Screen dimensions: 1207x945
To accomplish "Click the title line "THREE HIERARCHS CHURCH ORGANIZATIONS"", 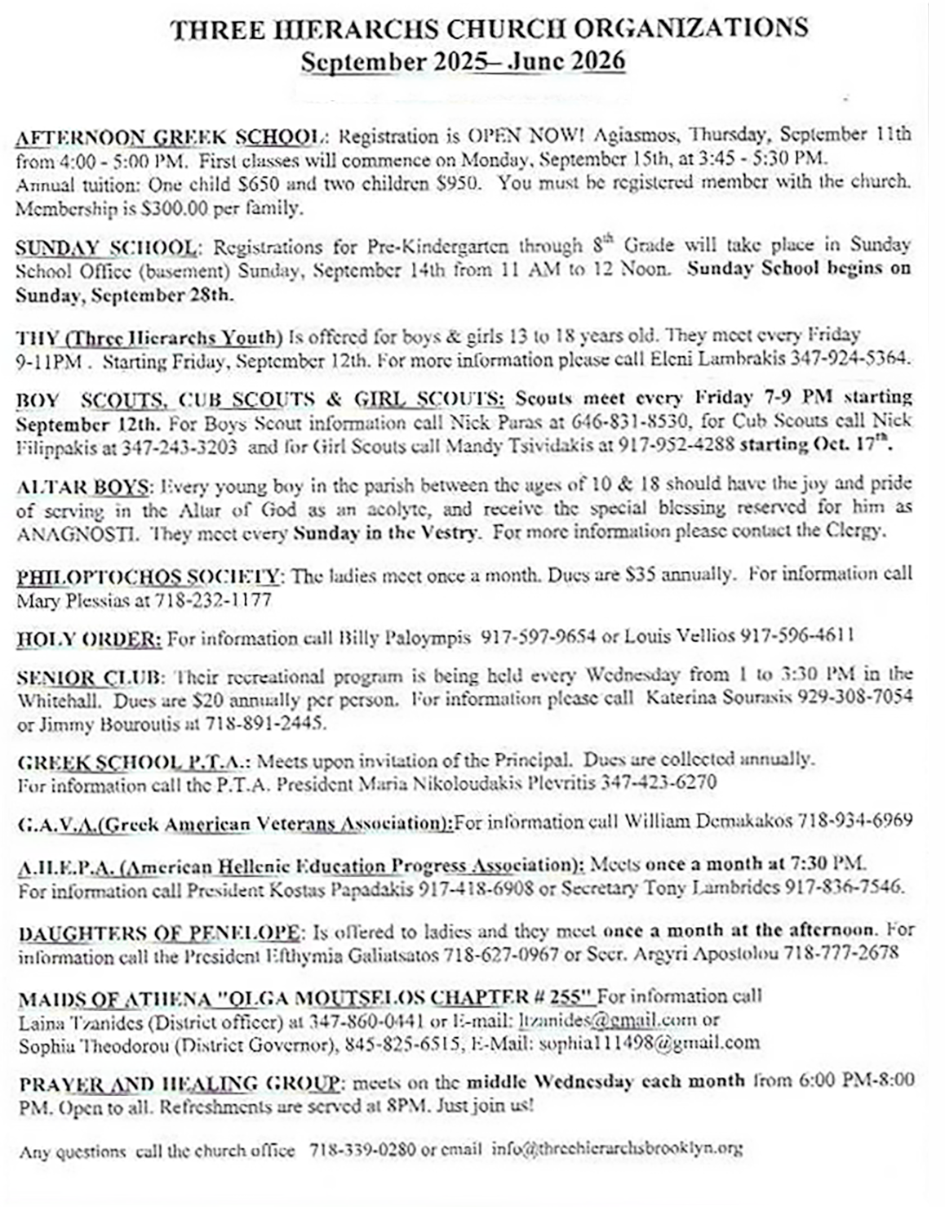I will [x=489, y=29].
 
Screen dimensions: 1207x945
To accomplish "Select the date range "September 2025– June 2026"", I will [x=463, y=62].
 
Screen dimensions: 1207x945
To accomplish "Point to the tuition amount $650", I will [x=260, y=184].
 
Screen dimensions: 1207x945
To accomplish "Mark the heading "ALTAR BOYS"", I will [x=82, y=488].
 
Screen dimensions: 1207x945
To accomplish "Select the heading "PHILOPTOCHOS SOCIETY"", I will [x=149, y=577].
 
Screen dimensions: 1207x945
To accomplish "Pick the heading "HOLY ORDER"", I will [x=89, y=639].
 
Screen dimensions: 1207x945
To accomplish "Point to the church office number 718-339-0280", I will [x=362, y=1150].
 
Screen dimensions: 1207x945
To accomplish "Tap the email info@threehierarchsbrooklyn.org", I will [x=617, y=1149].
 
